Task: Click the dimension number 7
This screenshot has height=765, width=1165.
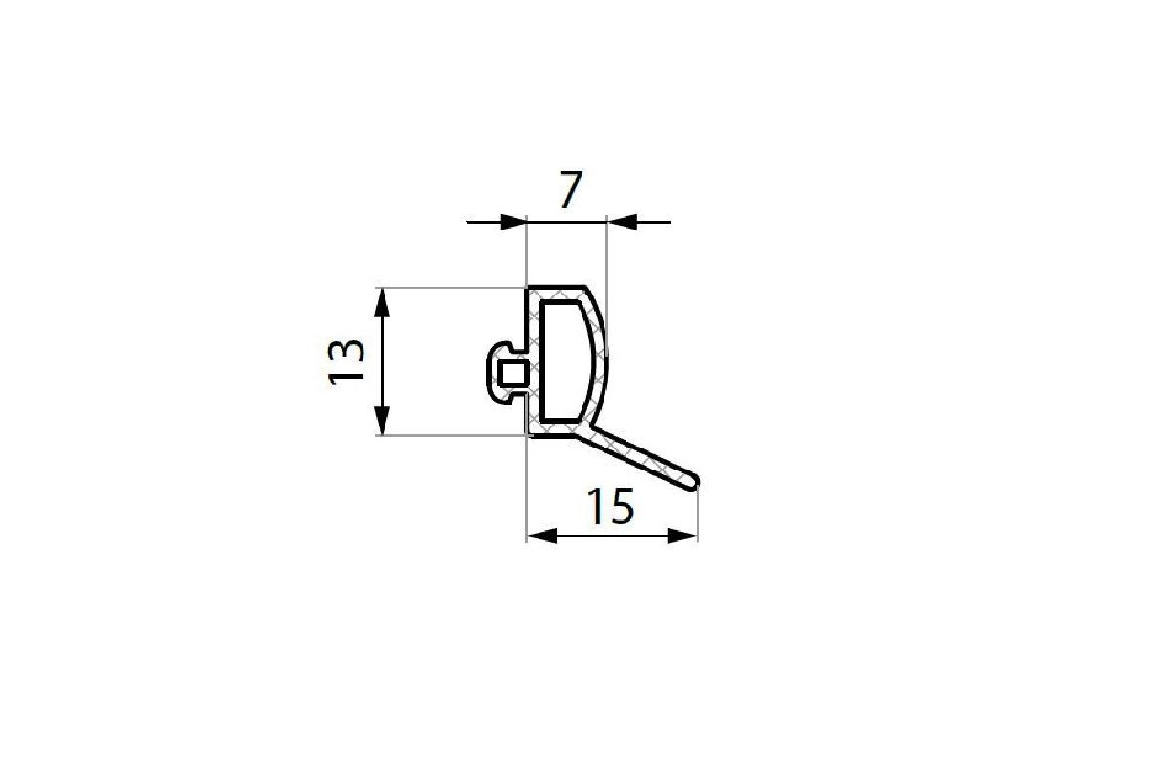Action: coord(570,189)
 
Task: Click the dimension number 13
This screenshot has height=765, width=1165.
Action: coord(346,362)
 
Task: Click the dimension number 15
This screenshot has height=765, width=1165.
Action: coord(610,506)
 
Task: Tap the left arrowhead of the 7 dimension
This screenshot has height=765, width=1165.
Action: coord(514,222)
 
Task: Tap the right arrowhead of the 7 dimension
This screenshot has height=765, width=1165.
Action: coord(622,222)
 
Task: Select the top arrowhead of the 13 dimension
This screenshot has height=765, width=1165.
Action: coord(382,302)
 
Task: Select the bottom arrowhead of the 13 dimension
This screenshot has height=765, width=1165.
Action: coord(382,421)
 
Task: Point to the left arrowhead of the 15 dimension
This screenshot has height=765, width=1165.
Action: coord(541,535)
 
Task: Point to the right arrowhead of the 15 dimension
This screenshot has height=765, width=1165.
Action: coord(682,535)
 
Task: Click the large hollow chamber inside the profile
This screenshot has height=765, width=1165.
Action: coord(565,361)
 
